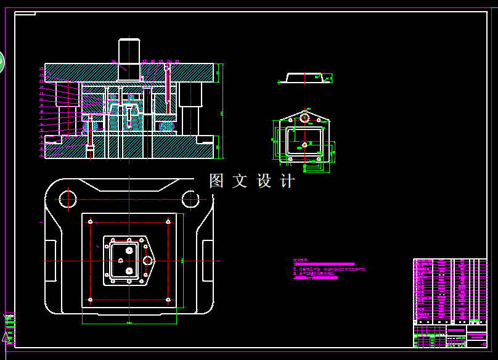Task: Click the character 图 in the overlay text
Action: (216, 181)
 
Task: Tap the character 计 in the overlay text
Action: (288, 181)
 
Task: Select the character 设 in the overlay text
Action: (264, 181)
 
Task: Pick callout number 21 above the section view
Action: (177, 61)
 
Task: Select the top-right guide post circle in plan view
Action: (190, 198)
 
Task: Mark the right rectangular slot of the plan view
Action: (207, 260)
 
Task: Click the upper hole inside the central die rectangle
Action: (129, 250)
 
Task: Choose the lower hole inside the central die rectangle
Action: (129, 271)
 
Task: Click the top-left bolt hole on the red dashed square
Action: (91, 221)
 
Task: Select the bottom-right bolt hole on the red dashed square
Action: (168, 300)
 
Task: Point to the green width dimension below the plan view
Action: (129, 322)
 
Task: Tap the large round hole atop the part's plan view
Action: (304, 117)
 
